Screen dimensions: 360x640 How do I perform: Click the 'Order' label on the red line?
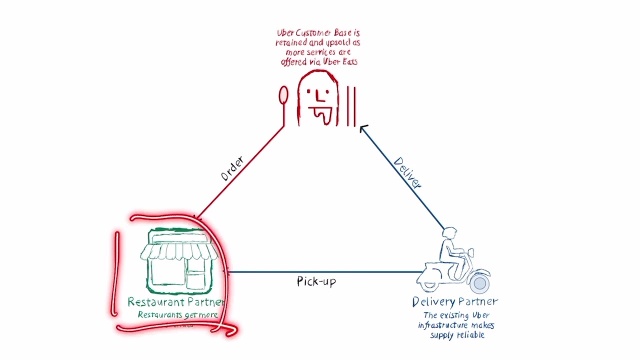[x=232, y=169]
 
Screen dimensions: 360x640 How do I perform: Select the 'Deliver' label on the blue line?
[x=407, y=173]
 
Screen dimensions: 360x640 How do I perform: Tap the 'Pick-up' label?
[x=316, y=281]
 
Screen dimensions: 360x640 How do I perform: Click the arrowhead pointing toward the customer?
[x=363, y=128]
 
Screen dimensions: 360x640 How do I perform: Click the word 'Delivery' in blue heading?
[x=433, y=302]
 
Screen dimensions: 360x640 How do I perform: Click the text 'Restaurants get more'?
[x=177, y=315]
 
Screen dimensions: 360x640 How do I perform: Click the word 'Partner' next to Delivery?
[x=478, y=302]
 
